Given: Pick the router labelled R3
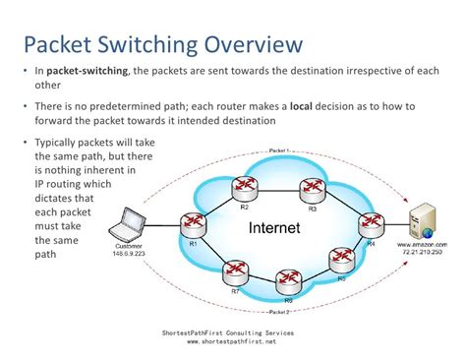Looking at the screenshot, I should point(314,193).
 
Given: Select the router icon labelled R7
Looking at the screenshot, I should point(235,269).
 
